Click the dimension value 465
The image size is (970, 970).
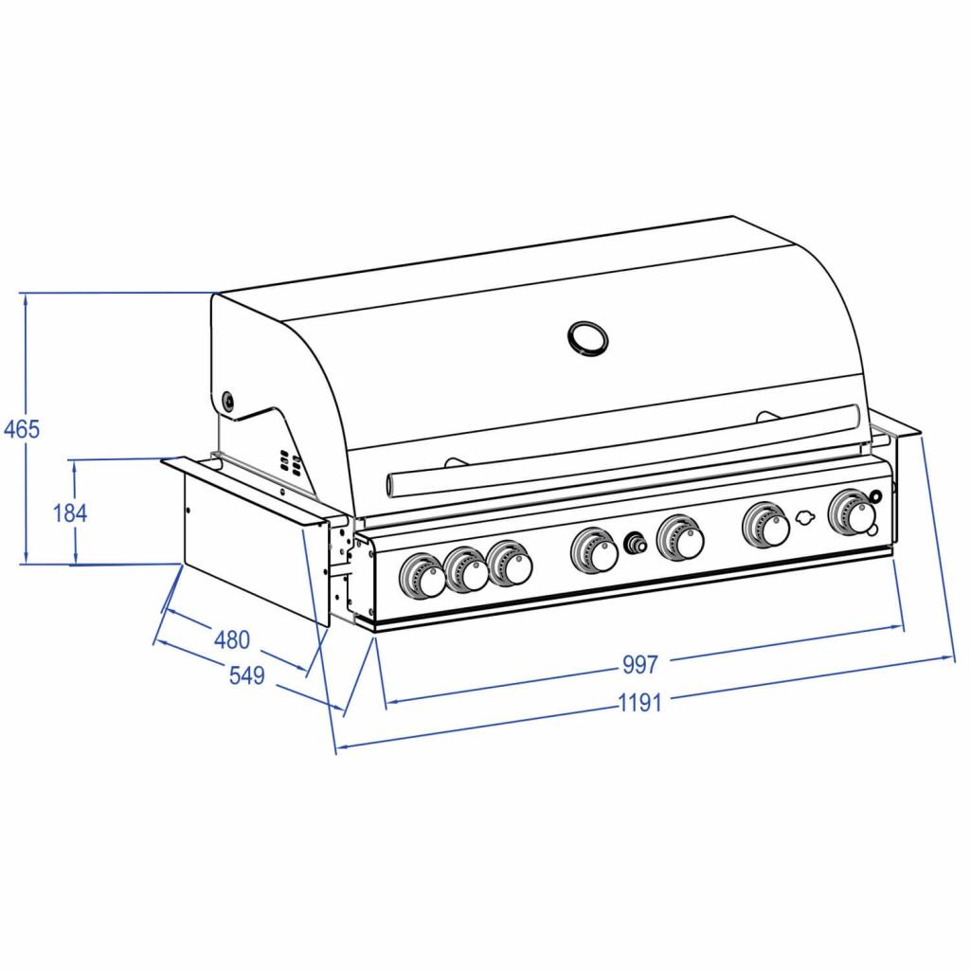pos(20,429)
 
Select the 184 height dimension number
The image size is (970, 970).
pos(70,513)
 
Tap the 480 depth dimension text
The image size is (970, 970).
pos(231,640)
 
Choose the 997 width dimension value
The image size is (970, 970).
pos(639,665)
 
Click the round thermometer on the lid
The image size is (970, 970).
pos(586,336)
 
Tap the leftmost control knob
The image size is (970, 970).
pos(422,576)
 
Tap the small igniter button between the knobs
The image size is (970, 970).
pos(634,544)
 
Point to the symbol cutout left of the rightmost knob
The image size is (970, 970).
pos(806,518)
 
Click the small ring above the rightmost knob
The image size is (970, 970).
pos(876,496)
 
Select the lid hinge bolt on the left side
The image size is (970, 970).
pos(228,401)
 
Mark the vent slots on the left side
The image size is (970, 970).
pos(290,463)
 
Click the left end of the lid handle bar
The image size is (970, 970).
pos(394,483)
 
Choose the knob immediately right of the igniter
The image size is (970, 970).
pos(681,538)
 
